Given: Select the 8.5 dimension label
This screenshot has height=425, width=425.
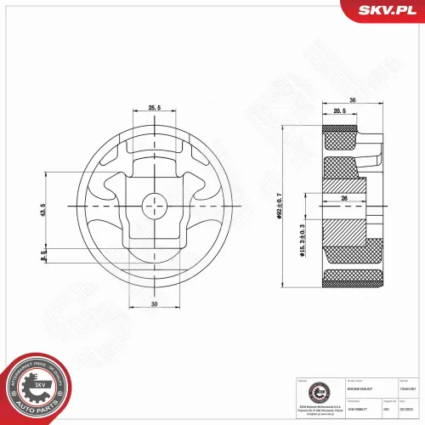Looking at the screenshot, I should pyautogui.click(x=42, y=254).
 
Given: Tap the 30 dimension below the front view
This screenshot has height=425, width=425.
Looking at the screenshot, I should pyautogui.click(x=155, y=303).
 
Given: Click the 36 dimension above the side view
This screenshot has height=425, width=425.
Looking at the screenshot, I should pyautogui.click(x=351, y=101).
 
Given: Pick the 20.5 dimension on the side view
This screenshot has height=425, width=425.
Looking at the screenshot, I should pyautogui.click(x=340, y=112).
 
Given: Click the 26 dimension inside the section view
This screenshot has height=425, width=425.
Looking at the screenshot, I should pyautogui.click(x=344, y=200).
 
